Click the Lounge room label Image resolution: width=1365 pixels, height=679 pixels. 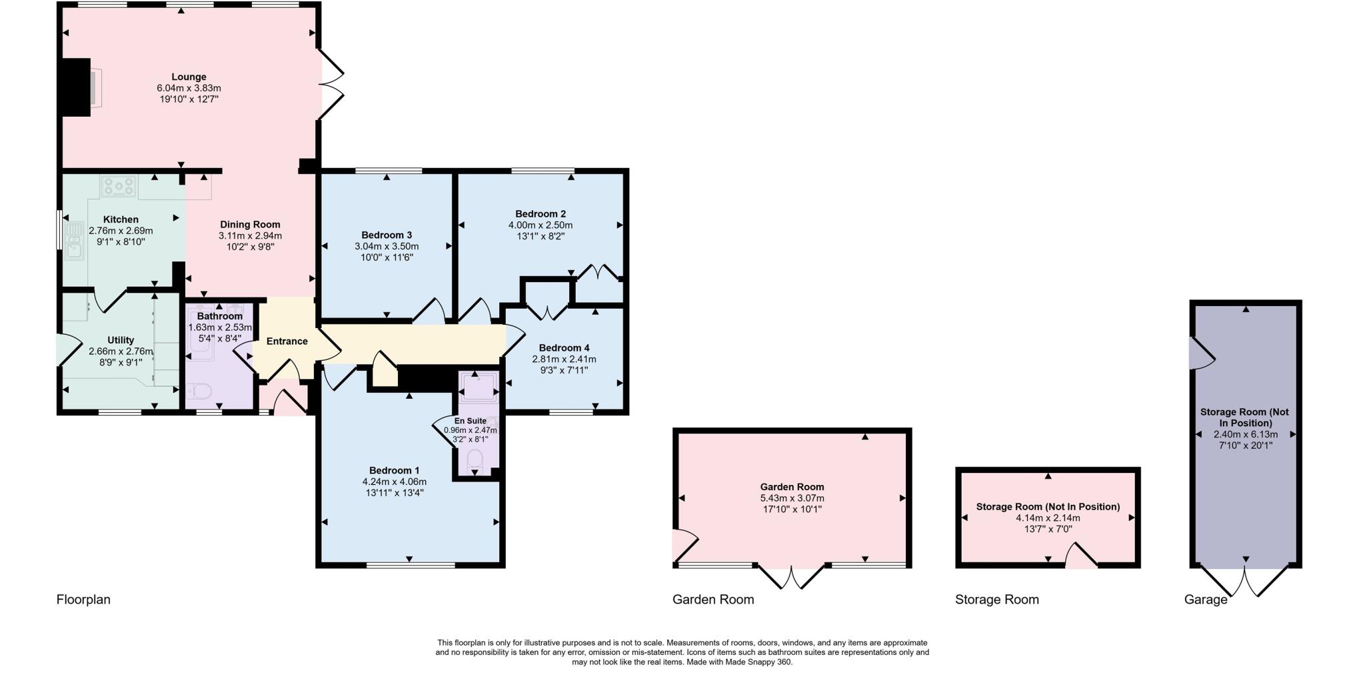(189, 77)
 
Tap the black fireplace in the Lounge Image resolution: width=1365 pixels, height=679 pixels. (76, 87)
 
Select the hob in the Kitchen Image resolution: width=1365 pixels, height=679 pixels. (119, 186)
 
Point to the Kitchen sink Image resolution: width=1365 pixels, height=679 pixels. (73, 241)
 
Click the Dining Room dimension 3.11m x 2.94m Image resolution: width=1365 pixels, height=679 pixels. (250, 235)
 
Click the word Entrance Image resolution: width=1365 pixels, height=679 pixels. (287, 341)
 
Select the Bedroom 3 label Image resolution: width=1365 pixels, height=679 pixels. (387, 235)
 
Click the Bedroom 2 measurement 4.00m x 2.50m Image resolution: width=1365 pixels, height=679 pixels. (541, 225)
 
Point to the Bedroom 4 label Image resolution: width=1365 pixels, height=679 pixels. (564, 348)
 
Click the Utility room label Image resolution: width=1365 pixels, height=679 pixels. (121, 340)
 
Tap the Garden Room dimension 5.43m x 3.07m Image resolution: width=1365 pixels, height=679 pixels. (792, 498)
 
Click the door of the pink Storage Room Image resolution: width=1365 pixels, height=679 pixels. (1081, 556)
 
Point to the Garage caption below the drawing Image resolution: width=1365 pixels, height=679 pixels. (1206, 600)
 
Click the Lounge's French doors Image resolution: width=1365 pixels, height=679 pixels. (332, 84)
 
